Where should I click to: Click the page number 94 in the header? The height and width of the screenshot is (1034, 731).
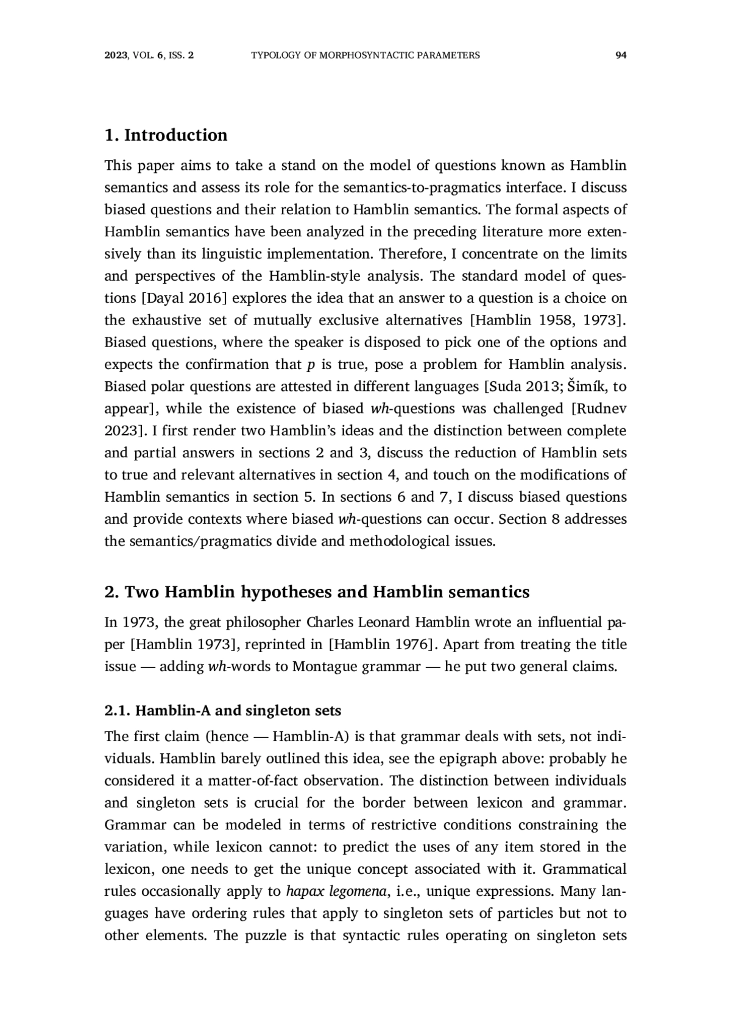pyautogui.click(x=621, y=55)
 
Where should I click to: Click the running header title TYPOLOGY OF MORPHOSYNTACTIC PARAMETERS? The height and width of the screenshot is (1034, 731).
pyautogui.click(x=365, y=55)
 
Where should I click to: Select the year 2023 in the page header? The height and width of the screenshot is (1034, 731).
pyautogui.click(x=115, y=55)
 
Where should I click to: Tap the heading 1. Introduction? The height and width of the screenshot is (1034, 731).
pyautogui.click(x=166, y=135)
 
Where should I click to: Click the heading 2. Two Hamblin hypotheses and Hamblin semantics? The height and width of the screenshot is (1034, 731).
pyautogui.click(x=317, y=592)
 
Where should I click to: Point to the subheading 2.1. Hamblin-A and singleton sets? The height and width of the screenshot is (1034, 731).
pyautogui.click(x=223, y=711)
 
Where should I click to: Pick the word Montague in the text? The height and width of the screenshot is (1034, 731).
pyautogui.click(x=325, y=667)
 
